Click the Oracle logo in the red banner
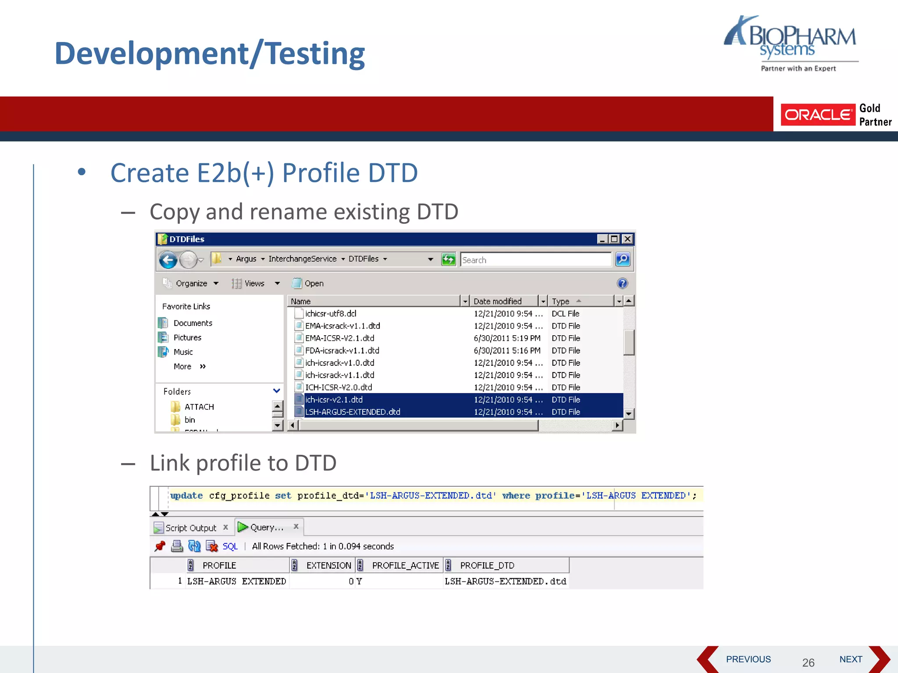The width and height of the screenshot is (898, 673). pyautogui.click(x=818, y=115)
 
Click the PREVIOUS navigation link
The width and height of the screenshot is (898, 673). pyautogui.click(x=748, y=659)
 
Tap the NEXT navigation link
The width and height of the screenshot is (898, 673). pyautogui.click(x=851, y=659)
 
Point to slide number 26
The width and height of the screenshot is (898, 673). pyautogui.click(x=808, y=662)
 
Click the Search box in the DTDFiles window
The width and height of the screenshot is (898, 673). pyautogui.click(x=535, y=260)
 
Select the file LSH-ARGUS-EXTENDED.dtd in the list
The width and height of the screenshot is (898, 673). pyautogui.click(x=353, y=412)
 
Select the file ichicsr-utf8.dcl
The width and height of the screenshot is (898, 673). pyautogui.click(x=331, y=314)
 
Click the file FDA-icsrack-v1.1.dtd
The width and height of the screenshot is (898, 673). pyautogui.click(x=342, y=351)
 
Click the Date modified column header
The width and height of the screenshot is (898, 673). pyautogui.click(x=498, y=301)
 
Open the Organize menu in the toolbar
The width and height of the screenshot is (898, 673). pyautogui.click(x=192, y=283)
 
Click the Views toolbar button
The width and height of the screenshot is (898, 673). pyautogui.click(x=254, y=283)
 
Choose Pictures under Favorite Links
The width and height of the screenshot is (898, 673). pyautogui.click(x=187, y=337)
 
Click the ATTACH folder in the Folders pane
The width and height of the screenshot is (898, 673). pyautogui.click(x=199, y=407)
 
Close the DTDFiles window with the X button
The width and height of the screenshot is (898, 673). pyautogui.click(x=627, y=239)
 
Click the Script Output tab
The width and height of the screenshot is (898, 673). pyautogui.click(x=190, y=528)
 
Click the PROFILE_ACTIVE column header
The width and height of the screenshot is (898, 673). pyautogui.click(x=405, y=565)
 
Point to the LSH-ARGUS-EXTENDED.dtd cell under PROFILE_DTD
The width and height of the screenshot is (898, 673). pyautogui.click(x=505, y=581)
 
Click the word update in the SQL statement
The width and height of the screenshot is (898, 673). pyautogui.click(x=186, y=496)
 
